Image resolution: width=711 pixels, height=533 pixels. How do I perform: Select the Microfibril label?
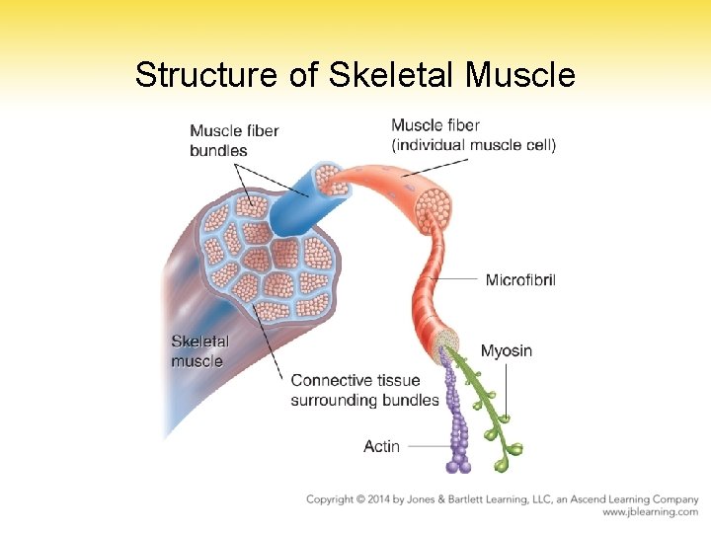[x=520, y=280]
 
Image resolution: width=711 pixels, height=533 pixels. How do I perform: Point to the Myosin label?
[x=506, y=350]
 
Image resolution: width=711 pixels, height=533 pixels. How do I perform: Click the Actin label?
[x=381, y=447]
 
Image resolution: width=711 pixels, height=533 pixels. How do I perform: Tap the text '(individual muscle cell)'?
[x=473, y=145]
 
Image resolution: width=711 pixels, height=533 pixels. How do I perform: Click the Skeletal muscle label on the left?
[x=199, y=351]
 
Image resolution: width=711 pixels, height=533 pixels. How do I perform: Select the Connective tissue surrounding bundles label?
[x=364, y=390]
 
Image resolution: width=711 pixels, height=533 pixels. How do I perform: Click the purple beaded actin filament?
[x=459, y=424]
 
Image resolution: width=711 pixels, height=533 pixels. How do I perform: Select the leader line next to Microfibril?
[x=456, y=280]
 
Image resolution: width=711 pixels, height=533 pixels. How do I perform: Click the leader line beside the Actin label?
[x=427, y=447]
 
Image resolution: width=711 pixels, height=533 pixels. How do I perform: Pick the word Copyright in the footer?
[x=334, y=499]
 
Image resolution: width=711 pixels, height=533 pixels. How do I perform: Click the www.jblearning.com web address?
[x=650, y=512]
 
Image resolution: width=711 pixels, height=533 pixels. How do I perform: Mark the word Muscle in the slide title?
[x=519, y=75]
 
